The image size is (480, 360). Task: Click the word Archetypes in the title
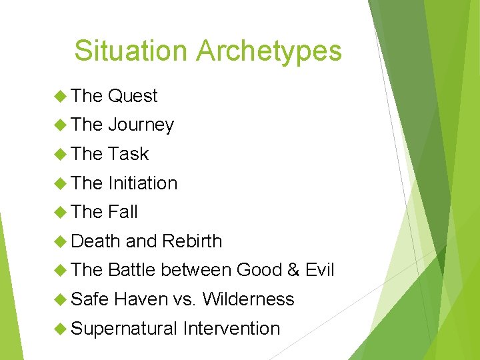268,51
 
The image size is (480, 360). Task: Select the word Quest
133,96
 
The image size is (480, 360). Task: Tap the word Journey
141,125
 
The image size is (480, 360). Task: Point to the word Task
128,154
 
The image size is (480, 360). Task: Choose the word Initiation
143,183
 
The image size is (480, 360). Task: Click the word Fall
123,212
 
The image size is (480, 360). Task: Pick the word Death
95,241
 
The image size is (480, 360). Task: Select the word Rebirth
192,241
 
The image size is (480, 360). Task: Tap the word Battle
131,270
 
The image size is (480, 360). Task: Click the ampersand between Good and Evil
293,270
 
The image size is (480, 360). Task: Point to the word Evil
319,270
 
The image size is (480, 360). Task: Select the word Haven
140,299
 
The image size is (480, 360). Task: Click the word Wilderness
248,299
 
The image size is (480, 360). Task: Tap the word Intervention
231,329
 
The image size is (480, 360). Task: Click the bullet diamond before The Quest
61,96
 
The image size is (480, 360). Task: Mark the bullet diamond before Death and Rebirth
61,241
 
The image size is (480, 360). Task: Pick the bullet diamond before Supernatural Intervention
61,329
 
